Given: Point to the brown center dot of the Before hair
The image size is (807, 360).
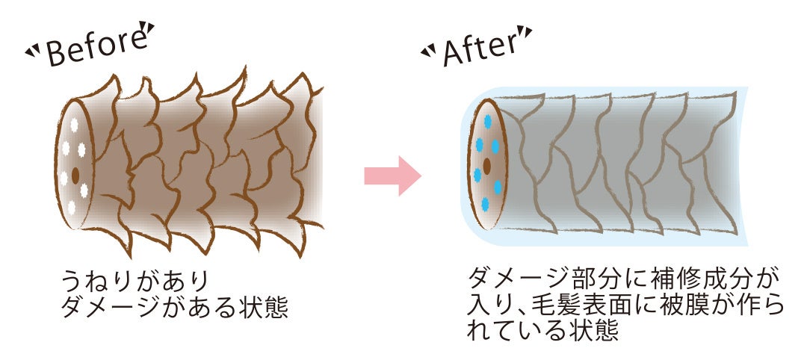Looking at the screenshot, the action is click(x=75, y=176).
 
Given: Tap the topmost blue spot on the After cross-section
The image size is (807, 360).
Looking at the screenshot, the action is click(x=488, y=120).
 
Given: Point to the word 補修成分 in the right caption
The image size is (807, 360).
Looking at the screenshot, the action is click(x=694, y=280).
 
